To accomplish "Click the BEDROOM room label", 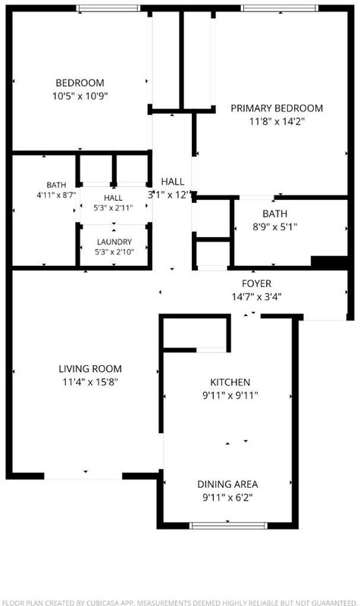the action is click(x=80, y=83).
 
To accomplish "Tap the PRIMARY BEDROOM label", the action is click(x=277, y=108).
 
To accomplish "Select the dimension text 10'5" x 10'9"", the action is click(x=80, y=96).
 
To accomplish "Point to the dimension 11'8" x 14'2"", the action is click(x=277, y=122).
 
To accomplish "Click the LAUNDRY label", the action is click(x=114, y=242).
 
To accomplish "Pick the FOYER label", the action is click(x=256, y=283).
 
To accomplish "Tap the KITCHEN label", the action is click(x=230, y=383).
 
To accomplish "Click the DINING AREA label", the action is click(x=227, y=484).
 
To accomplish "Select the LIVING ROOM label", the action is click(x=90, y=369).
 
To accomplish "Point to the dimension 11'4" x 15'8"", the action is click(x=90, y=383).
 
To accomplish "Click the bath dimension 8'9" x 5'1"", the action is click(x=275, y=226).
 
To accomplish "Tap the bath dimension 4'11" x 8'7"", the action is click(x=56, y=195).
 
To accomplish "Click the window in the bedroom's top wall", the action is click(x=108, y=8).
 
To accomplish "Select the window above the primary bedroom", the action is click(x=280, y=8).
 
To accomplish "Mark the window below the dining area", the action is click(x=228, y=526).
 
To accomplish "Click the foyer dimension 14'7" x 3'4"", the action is click(x=256, y=297).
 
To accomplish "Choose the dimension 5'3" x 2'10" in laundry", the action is click(x=114, y=252).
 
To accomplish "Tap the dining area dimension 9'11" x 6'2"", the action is click(x=227, y=498).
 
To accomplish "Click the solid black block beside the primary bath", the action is click(x=331, y=261).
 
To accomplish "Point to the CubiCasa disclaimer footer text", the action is click(x=180, y=602).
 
